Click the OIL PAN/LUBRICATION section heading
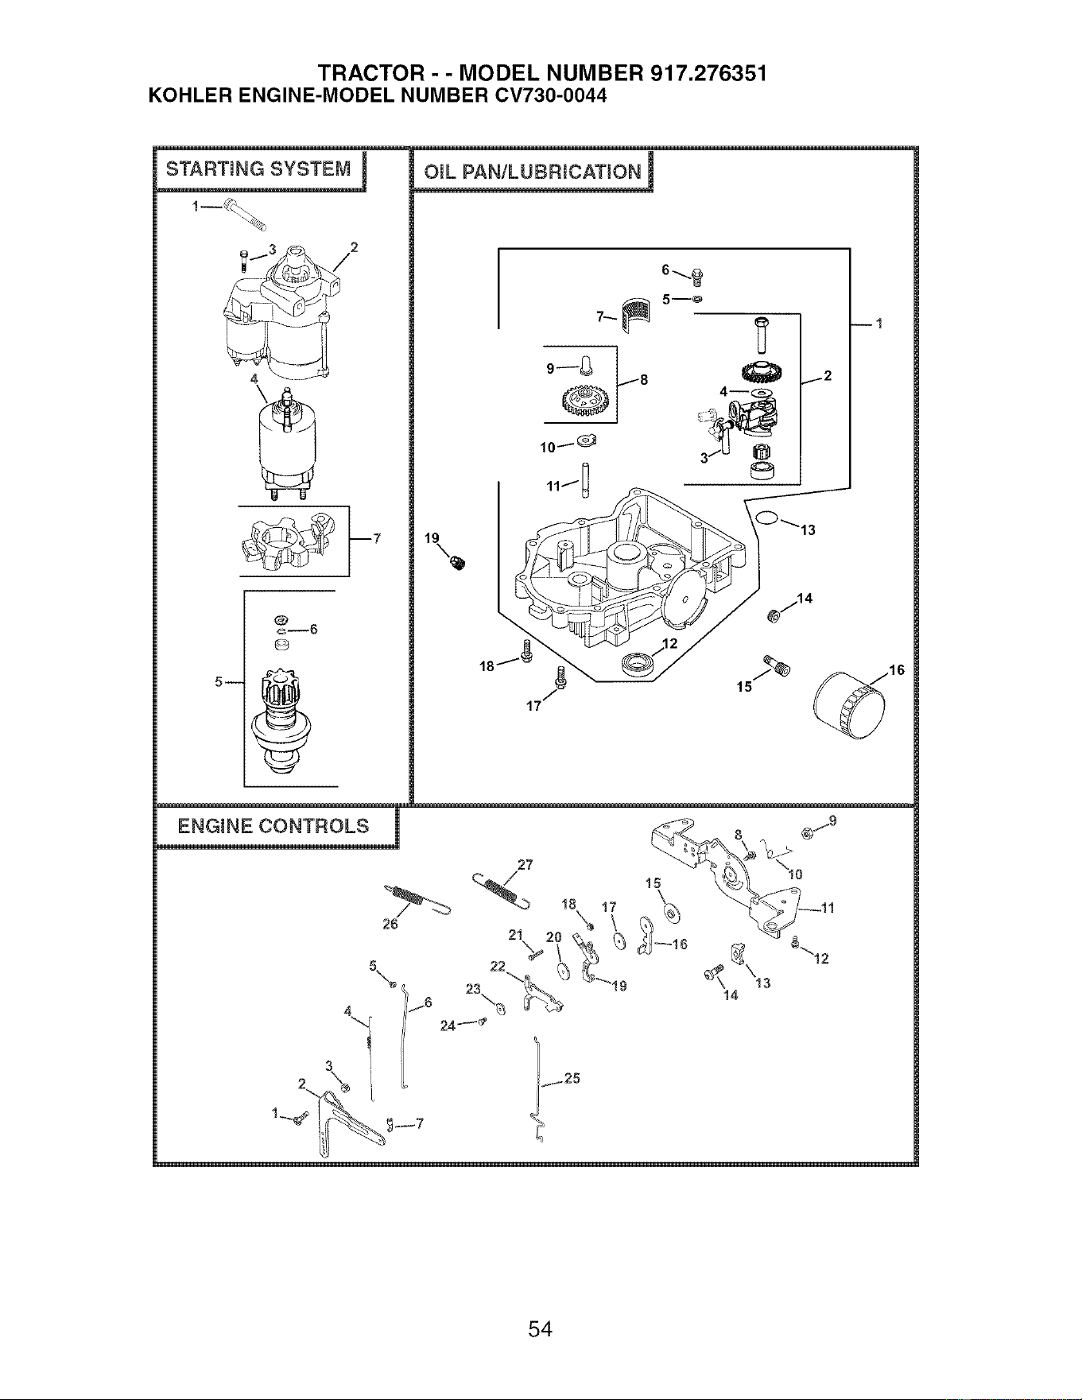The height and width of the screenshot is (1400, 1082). click(x=533, y=172)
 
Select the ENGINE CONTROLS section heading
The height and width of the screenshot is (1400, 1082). click(x=273, y=826)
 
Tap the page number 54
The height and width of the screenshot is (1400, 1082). click(x=541, y=1328)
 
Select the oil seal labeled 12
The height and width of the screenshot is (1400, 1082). click(x=638, y=661)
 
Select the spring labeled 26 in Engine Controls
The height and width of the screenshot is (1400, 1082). click(x=417, y=899)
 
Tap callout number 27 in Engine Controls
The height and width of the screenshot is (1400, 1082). click(x=525, y=865)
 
